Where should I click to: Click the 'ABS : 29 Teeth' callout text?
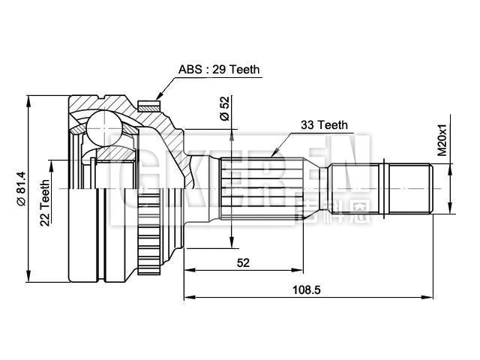pos(219,70)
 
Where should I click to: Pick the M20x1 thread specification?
pos(442,139)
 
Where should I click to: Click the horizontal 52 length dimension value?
pos(243,262)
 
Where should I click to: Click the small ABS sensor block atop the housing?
pos(154,99)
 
